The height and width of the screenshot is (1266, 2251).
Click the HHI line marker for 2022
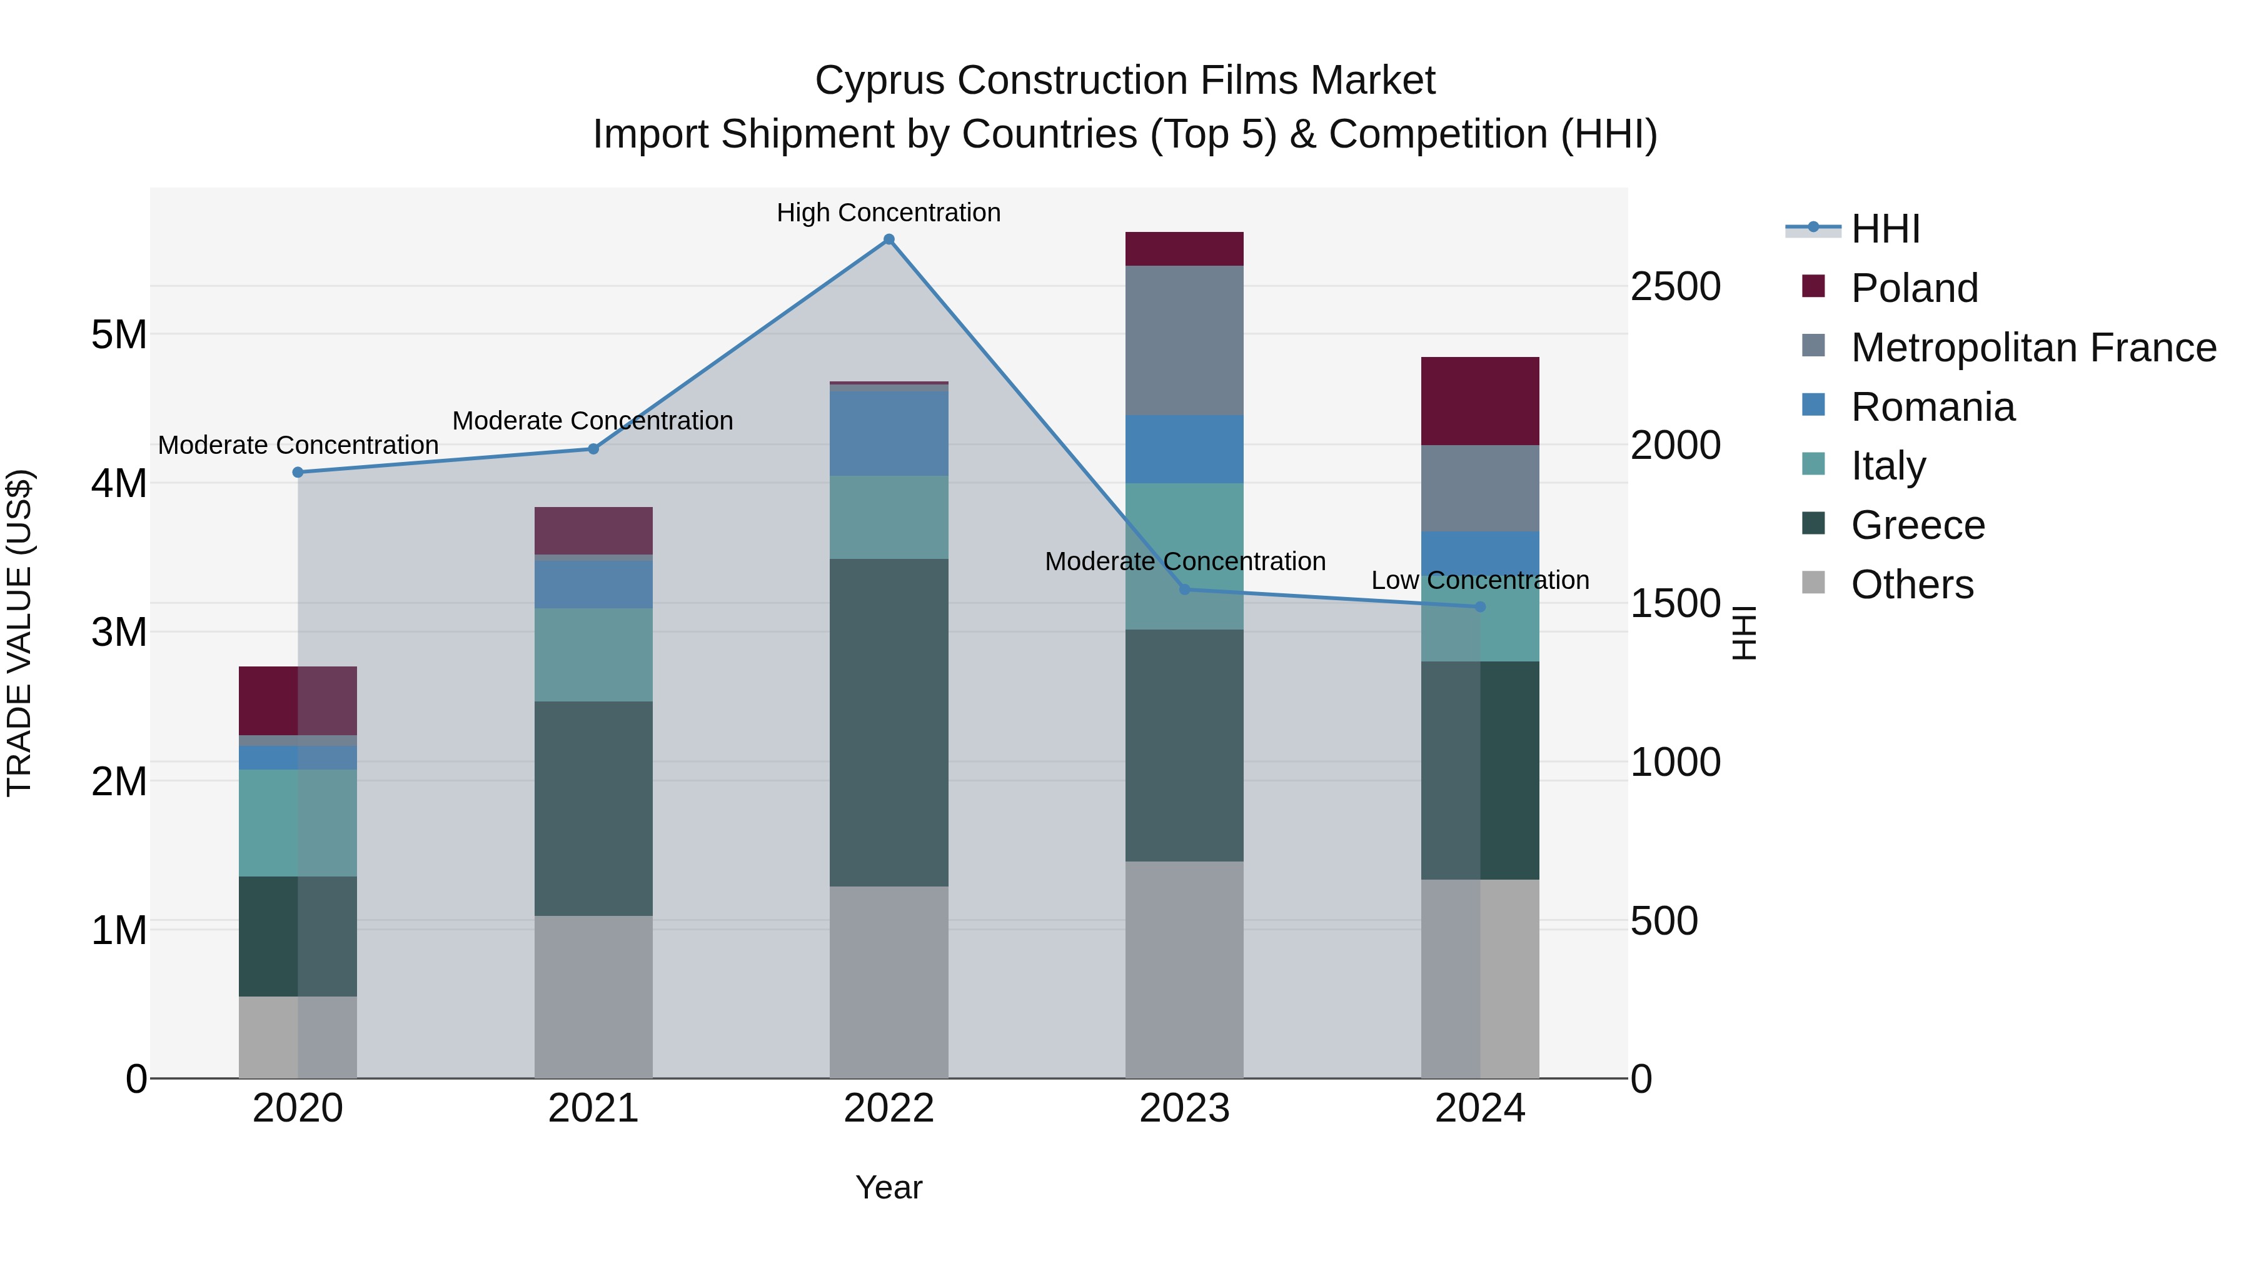[x=889, y=239]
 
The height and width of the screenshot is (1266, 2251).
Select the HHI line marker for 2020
[x=298, y=473]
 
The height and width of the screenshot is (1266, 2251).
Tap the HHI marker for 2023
[x=1185, y=590]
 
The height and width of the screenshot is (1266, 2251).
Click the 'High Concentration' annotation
[x=889, y=213]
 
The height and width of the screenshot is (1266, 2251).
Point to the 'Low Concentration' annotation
[x=1480, y=580]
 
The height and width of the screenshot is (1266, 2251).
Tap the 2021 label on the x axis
[x=593, y=1108]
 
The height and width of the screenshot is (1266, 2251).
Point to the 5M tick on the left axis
[x=119, y=334]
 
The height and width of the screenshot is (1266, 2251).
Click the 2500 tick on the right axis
[x=1676, y=286]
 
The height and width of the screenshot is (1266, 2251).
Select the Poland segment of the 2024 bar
[x=1480, y=401]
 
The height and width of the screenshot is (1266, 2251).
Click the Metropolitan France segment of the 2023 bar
[x=1184, y=341]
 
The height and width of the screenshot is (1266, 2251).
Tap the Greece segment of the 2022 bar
[x=889, y=723]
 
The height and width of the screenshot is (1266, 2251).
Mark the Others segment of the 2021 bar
[x=593, y=997]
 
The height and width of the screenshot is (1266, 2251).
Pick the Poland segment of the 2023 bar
[x=1184, y=249]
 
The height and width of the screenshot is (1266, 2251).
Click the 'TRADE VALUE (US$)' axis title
[x=19, y=633]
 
